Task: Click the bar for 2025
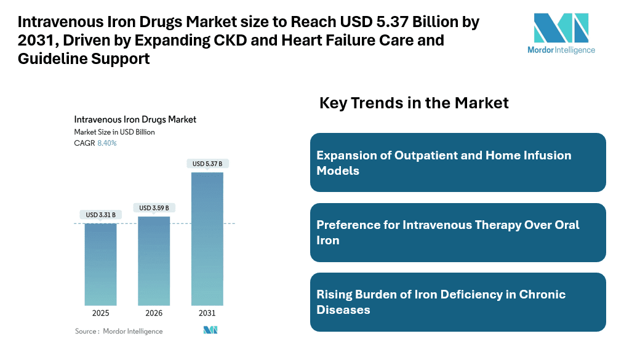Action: point(100,264)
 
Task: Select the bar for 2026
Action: point(154,261)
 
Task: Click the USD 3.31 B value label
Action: point(100,215)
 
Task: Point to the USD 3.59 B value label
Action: point(154,208)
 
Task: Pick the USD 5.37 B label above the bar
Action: point(207,164)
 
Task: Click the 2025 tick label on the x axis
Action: point(100,313)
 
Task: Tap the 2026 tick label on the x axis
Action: point(154,313)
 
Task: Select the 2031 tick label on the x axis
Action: point(207,313)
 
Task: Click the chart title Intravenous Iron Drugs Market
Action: point(135,119)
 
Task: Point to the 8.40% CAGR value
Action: point(107,143)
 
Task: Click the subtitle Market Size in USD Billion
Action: point(114,132)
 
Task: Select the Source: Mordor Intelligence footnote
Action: point(119,331)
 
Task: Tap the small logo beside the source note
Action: point(210,330)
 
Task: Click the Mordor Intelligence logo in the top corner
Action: point(561,33)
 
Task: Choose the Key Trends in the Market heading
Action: point(414,103)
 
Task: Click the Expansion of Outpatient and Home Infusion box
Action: point(458,162)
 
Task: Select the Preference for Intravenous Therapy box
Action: point(458,232)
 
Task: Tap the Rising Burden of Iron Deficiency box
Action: point(458,302)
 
